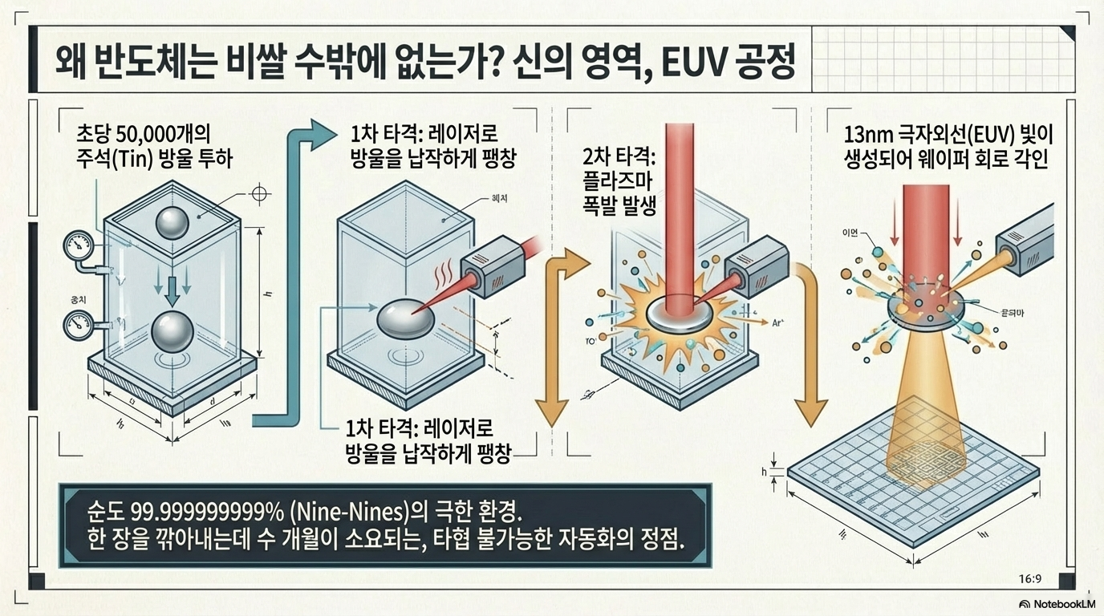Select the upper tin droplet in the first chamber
172,224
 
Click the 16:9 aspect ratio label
1029,578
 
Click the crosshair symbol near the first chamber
259,194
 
